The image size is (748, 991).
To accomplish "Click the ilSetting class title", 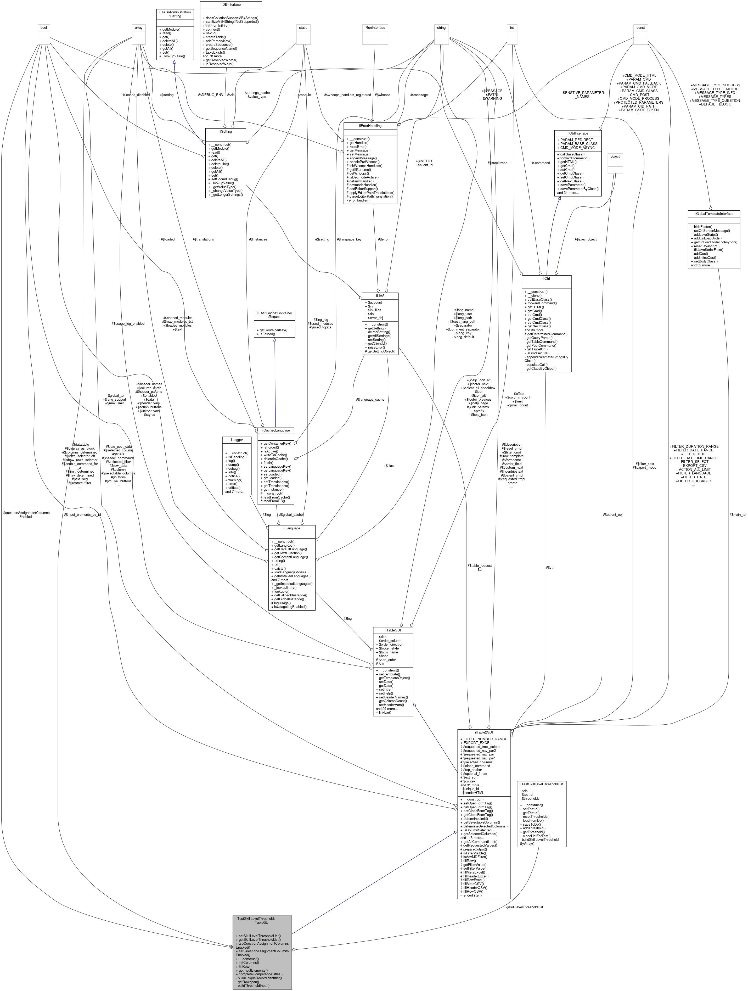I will pos(225,132).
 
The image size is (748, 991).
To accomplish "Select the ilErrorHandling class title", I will pos(370,126).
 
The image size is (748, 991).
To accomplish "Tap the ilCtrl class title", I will pos(546,278).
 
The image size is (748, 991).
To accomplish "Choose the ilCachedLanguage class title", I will pos(276,430).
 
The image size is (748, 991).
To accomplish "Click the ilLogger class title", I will pos(233,440).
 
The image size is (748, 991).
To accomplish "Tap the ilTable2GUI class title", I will pos(484,732).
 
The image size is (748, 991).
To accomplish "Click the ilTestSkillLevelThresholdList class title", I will pos(541,784).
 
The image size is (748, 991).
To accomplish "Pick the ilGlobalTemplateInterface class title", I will pos(713,214).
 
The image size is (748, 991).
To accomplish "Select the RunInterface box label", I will pos(375,28).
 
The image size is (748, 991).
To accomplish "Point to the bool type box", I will pos(43,28).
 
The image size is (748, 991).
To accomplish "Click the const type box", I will pos(640,28).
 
